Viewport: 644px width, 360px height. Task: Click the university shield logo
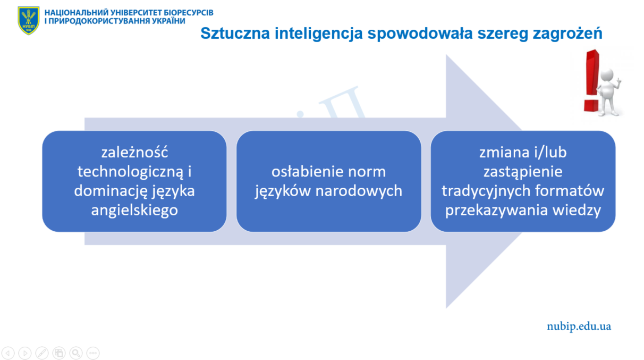(x=29, y=20)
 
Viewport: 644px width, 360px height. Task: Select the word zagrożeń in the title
(x=567, y=34)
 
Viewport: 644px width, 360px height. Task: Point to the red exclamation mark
(x=592, y=81)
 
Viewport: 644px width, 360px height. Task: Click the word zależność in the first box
(x=134, y=152)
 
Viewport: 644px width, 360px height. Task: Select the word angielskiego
(x=134, y=211)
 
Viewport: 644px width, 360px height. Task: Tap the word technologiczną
(x=130, y=172)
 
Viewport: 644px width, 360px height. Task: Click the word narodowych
(x=359, y=191)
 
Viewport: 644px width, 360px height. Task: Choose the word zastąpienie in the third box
(x=523, y=172)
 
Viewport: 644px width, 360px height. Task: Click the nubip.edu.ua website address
(x=579, y=326)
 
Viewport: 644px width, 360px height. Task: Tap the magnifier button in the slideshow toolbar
(x=76, y=353)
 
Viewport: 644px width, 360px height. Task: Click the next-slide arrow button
(x=25, y=353)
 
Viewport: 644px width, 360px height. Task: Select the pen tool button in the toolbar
(x=42, y=353)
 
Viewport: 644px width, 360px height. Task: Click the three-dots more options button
(x=93, y=353)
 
